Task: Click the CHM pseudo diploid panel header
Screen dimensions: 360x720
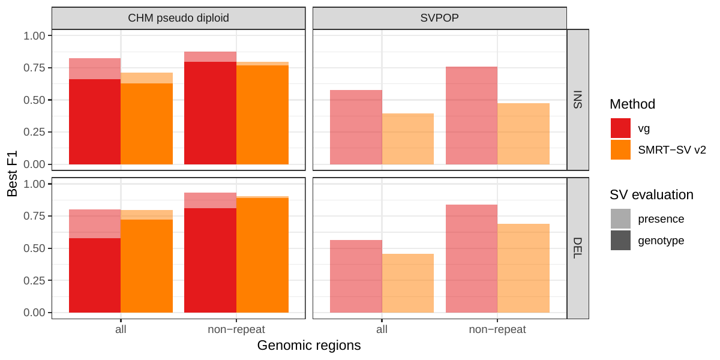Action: (178, 17)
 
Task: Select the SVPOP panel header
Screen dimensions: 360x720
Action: (439, 17)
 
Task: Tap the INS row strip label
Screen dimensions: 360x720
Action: (578, 100)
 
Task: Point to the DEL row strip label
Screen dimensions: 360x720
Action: (578, 248)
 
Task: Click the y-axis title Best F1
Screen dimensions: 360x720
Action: (13, 174)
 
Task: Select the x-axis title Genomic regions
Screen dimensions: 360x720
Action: (308, 346)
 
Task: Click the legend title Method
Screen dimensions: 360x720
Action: (632, 104)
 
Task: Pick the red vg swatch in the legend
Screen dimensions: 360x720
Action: (620, 128)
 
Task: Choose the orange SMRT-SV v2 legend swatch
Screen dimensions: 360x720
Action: (620, 149)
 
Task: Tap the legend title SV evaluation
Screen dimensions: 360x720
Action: (651, 194)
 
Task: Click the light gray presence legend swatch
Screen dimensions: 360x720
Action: (620, 219)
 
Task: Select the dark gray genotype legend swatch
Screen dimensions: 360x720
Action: (620, 240)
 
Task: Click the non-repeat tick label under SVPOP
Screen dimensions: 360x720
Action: (497, 329)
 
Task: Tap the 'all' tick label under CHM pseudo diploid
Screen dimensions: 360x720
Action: (121, 329)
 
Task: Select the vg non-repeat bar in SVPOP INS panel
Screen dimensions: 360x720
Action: (471, 115)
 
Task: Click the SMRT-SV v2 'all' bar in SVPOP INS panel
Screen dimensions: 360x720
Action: (408, 139)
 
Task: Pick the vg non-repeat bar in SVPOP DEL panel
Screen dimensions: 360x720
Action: (471, 258)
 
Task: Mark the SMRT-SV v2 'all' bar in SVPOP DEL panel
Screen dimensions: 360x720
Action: (408, 283)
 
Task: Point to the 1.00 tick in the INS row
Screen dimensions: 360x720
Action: (34, 36)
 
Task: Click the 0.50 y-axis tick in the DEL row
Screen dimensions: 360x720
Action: (34, 248)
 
